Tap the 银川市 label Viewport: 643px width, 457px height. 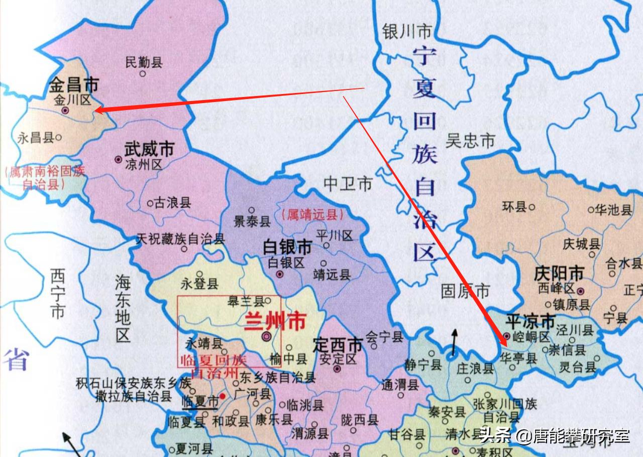pos(407,32)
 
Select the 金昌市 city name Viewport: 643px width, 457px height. pos(73,84)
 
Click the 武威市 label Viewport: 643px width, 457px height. pos(149,149)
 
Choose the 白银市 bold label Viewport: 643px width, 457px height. pos(287,247)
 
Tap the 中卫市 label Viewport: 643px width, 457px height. pos(348,184)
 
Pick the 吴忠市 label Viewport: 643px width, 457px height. pos(471,141)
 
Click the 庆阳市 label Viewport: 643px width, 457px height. pos(559,273)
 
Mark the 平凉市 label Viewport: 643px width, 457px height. pos(530,321)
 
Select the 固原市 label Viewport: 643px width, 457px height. pos(465,291)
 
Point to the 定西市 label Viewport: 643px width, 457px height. pos(338,345)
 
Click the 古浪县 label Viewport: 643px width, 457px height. pos(172,203)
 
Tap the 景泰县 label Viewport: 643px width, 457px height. pos(252,221)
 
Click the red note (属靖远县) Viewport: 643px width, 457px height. pos(312,215)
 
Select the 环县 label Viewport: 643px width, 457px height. pos(514,206)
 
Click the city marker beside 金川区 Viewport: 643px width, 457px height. pos(65,110)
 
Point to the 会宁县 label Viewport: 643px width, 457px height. pos(384,336)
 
